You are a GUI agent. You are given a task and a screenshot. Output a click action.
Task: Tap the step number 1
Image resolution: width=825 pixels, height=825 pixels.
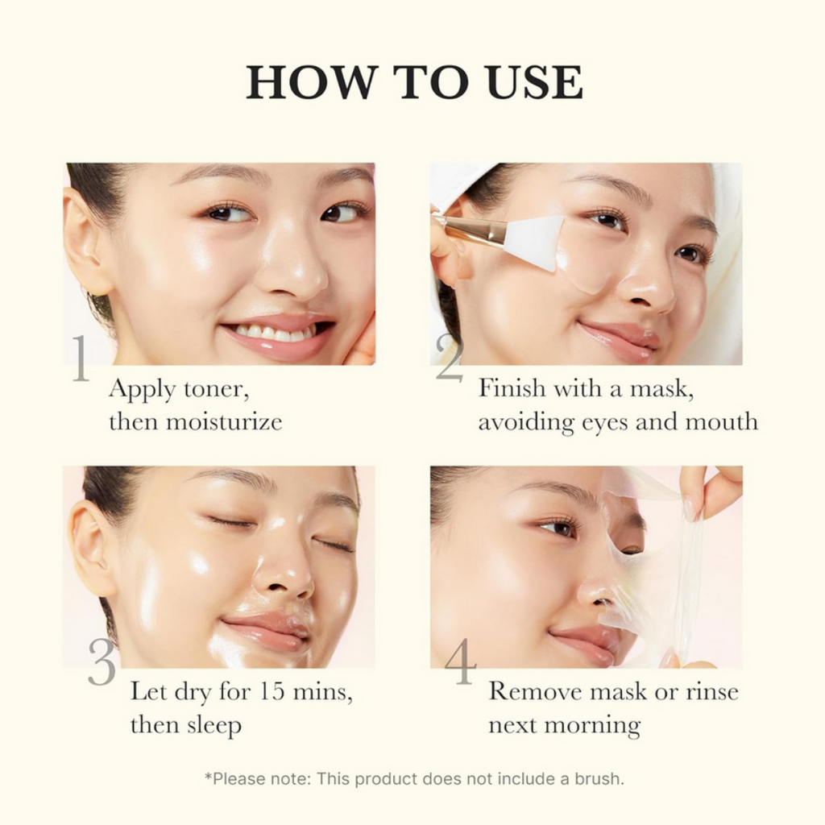click(x=80, y=360)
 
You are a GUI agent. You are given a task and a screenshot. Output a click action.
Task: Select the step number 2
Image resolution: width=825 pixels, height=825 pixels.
click(x=449, y=358)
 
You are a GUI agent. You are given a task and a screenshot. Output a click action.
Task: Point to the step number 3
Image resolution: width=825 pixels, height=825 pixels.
click(x=102, y=662)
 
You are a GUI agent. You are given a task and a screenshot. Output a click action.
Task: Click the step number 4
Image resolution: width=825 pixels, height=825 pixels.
click(x=460, y=662)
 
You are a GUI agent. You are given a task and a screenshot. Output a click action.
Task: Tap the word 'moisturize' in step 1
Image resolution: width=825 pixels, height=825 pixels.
click(x=224, y=421)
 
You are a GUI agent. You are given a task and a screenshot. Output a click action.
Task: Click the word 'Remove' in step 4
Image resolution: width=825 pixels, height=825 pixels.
click(x=533, y=691)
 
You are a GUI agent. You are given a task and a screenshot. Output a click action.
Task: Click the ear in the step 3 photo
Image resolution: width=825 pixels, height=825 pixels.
click(x=89, y=547)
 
